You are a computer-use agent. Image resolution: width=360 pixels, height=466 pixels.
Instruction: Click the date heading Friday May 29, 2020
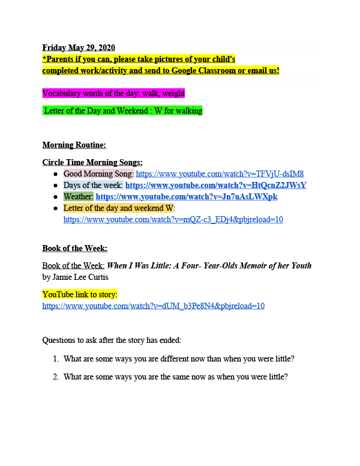(x=79, y=47)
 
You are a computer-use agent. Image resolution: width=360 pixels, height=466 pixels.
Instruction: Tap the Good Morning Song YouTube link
(x=220, y=174)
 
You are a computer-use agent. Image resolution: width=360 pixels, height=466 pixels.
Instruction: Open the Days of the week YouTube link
(x=215, y=185)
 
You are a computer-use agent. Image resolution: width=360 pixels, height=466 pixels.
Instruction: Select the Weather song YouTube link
(x=187, y=196)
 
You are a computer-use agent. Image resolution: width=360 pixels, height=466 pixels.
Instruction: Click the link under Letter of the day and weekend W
(x=173, y=219)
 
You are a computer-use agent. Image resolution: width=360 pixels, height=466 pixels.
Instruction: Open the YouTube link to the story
(x=153, y=306)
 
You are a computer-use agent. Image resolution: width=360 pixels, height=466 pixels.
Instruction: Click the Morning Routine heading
(x=74, y=145)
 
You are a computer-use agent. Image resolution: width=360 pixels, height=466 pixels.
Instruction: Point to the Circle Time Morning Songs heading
(x=92, y=162)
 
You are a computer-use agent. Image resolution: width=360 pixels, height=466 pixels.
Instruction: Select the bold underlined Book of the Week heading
(x=74, y=248)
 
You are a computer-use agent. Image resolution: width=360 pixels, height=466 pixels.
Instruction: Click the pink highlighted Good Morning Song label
(x=98, y=174)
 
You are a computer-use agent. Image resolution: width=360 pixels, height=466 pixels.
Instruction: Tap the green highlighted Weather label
(x=78, y=196)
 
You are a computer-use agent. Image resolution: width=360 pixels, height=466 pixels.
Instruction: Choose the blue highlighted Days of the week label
(x=93, y=185)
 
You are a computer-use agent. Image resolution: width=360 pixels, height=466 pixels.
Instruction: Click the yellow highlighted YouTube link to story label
(x=80, y=294)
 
